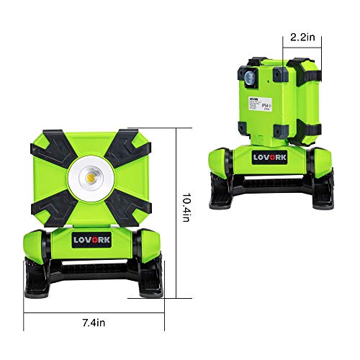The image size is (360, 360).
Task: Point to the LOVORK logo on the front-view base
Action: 94,239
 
